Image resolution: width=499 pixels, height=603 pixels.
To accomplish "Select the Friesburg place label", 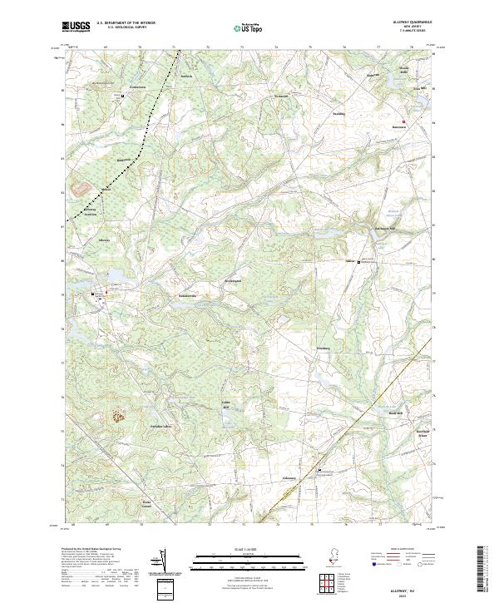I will click(323, 348).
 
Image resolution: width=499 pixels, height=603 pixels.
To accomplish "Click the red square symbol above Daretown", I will click(404, 121).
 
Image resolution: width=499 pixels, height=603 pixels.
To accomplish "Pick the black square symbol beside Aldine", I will click(359, 262).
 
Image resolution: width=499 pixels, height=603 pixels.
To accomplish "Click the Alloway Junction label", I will click(90, 211).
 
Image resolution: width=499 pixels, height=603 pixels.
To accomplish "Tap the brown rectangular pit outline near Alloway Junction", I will click(82, 190).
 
